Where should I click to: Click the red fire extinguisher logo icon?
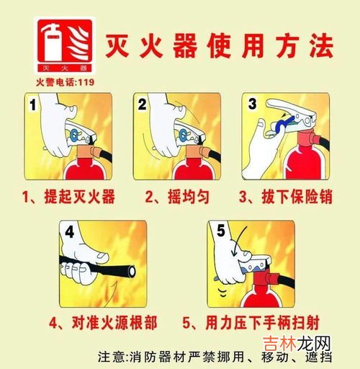pyautogui.click(x=65, y=45)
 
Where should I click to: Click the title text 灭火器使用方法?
pyautogui.click(x=219, y=46)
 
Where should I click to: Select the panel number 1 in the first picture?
pyautogui.click(x=32, y=105)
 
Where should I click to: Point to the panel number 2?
pyautogui.click(x=142, y=105)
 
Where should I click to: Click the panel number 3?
pyautogui.click(x=252, y=104)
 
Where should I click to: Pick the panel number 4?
pyautogui.click(x=69, y=232)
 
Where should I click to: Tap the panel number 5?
pyautogui.click(x=221, y=230)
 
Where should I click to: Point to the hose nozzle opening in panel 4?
pyautogui.click(x=132, y=272)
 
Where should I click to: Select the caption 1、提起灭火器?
pyautogui.click(x=68, y=197)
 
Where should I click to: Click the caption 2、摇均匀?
pyautogui.click(x=177, y=197)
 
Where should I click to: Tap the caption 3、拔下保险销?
pyautogui.click(x=286, y=197)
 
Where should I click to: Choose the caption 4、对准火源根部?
pyautogui.click(x=103, y=323)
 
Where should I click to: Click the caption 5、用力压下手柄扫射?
pyautogui.click(x=251, y=323)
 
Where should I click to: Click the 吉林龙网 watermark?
pyautogui.click(x=297, y=344)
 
